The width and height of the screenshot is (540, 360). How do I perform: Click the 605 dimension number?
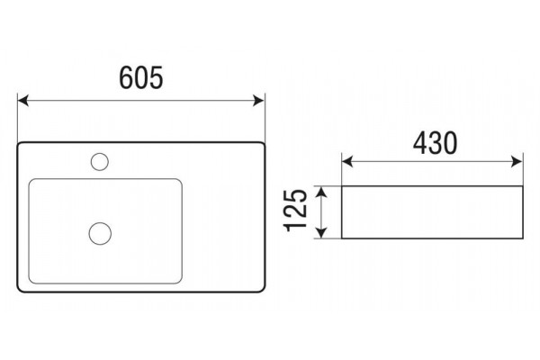(x=141, y=78)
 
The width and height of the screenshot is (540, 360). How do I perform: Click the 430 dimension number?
(x=436, y=142)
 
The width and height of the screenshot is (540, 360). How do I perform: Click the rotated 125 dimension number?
(x=295, y=211)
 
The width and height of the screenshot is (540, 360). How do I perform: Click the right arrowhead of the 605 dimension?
(x=258, y=101)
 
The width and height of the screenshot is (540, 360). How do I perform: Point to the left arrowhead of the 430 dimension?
(x=347, y=162)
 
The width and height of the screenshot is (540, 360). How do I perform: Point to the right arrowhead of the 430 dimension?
(x=517, y=162)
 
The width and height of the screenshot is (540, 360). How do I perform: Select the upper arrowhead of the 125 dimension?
(x=321, y=192)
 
